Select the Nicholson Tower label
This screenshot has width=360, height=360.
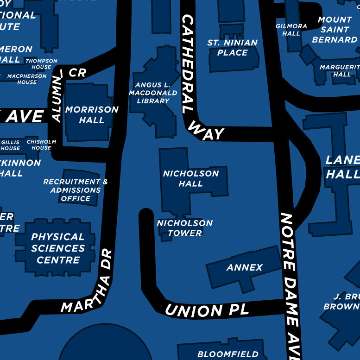click(x=184, y=228)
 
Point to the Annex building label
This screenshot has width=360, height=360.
click(x=244, y=267)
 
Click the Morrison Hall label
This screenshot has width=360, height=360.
click(x=92, y=115)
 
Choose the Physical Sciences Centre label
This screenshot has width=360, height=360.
click(x=58, y=248)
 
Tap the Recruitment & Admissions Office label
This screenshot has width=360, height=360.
click(x=75, y=190)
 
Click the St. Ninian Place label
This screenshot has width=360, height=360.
click(x=232, y=48)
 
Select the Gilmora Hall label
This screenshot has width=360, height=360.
click(x=291, y=30)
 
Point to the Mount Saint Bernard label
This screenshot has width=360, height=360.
click(x=335, y=30)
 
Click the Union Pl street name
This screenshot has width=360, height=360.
click(x=207, y=309)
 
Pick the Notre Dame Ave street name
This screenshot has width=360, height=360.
click(x=291, y=283)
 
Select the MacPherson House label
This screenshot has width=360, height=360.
click(x=27, y=79)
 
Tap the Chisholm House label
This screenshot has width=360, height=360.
click(x=41, y=145)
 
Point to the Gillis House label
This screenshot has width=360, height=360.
click(x=10, y=145)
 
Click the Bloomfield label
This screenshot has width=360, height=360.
click(x=227, y=354)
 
